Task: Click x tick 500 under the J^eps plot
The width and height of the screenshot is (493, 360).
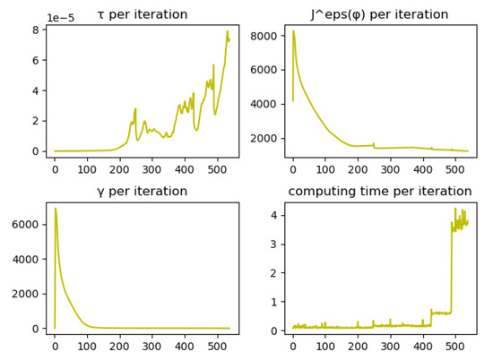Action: [x=455, y=168]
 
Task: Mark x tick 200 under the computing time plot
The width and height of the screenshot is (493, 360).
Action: [x=358, y=346]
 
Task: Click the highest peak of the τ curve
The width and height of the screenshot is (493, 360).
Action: [x=228, y=31]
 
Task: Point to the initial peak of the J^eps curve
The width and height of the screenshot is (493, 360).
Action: [x=293, y=31]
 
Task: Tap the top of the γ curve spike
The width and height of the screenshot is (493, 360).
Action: [x=56, y=209]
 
